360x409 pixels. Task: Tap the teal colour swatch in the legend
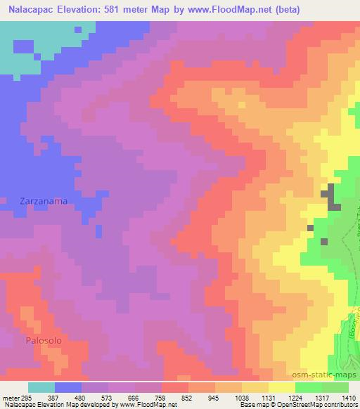[x=41, y=387]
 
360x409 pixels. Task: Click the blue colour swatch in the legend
[x=68, y=387]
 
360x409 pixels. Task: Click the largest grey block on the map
[x=330, y=197]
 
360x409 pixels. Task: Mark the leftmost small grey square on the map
[x=310, y=228]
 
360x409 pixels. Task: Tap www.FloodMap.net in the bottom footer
[x=147, y=405]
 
